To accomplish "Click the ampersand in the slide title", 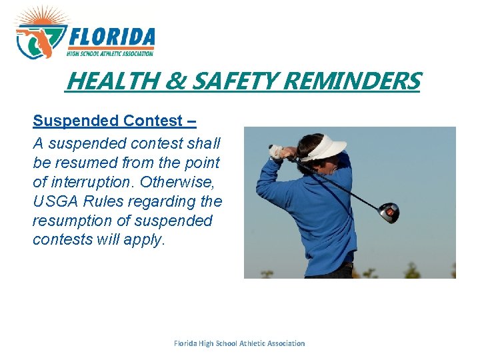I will click(175, 81).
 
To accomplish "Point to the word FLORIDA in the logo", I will click(112, 37).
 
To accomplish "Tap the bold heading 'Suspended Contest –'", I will click(114, 121).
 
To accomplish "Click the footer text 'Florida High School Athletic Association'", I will click(239, 343).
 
